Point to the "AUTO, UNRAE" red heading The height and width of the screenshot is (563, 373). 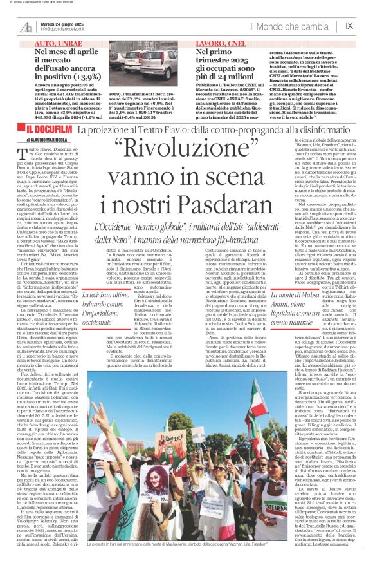[49, 42]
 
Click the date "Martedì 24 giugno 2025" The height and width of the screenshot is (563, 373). [64, 23]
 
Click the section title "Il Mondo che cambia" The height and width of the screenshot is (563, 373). [289, 26]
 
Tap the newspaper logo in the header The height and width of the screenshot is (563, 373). [26, 26]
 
